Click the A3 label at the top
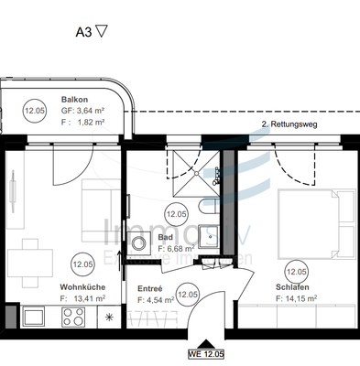82,29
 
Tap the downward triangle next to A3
102,29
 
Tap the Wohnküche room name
80,287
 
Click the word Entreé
150,287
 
